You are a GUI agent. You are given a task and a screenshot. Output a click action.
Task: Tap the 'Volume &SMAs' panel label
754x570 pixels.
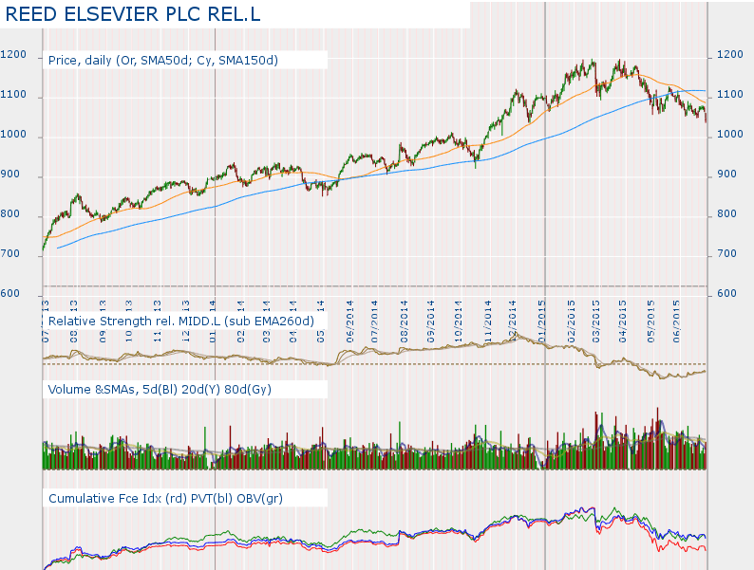pos(94,389)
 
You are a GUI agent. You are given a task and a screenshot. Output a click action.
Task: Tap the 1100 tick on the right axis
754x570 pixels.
pos(730,95)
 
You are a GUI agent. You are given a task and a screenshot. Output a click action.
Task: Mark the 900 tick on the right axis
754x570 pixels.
pos(726,175)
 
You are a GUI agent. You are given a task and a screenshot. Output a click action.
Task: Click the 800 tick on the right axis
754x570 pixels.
pos(726,214)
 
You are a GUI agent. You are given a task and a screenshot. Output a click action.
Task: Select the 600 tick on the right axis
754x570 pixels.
pos(726,294)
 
